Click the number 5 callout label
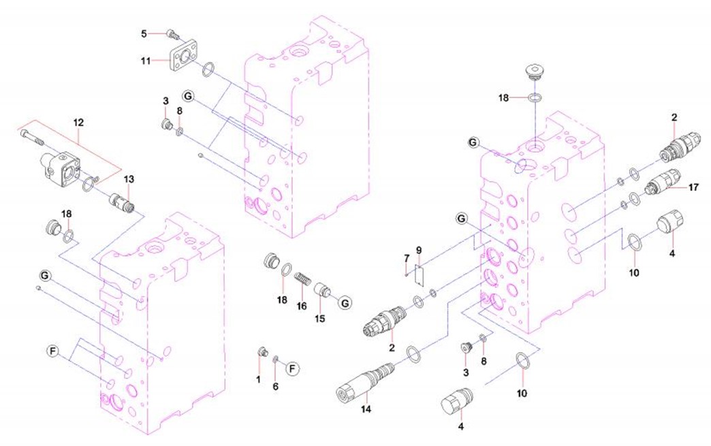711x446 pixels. [144, 33]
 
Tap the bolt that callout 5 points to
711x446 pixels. [173, 33]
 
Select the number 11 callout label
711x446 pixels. [145, 61]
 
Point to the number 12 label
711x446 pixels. [78, 123]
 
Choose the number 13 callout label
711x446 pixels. [129, 180]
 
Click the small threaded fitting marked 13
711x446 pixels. [123, 201]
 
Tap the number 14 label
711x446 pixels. [366, 409]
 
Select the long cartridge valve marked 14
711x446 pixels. [365, 380]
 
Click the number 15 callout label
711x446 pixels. [319, 319]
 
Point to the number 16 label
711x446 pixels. [302, 306]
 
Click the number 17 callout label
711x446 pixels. [694, 187]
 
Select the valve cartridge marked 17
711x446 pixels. [663, 182]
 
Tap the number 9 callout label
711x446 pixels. [419, 250]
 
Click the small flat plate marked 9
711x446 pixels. [419, 276]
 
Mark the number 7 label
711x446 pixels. [407, 258]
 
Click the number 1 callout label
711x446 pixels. [259, 379]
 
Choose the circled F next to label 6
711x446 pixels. [292, 369]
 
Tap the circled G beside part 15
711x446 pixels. [345, 302]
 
